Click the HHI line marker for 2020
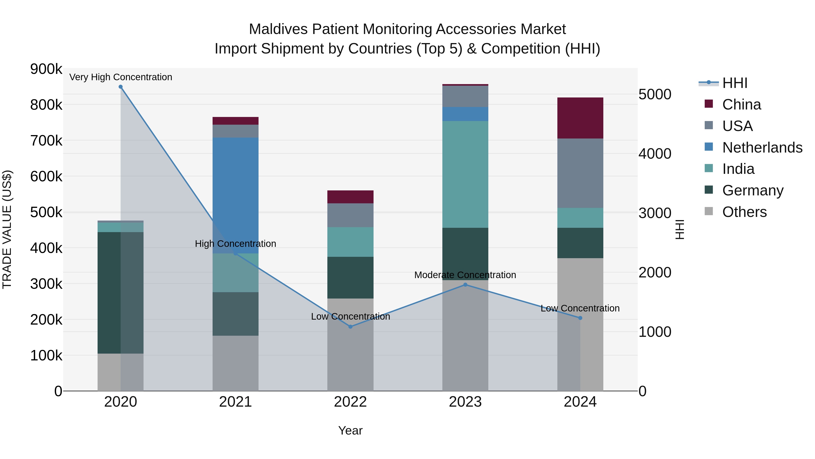pos(120,87)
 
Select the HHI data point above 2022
pos(350,327)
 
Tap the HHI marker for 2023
pos(465,285)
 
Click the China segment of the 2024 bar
pos(580,118)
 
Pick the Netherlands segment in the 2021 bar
pos(235,195)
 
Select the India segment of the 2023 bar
pos(465,174)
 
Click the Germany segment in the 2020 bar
pos(109,292)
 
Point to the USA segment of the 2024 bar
pos(580,173)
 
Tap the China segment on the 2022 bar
pos(350,197)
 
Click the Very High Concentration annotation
pos(120,77)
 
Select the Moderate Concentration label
pos(465,275)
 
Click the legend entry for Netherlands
pos(762,148)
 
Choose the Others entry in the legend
pos(744,212)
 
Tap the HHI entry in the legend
pos(735,83)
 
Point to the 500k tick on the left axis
pos(46,212)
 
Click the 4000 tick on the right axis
pos(654,154)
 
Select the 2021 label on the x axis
pos(235,402)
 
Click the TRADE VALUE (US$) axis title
pos(7,229)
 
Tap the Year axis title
pos(350,430)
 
